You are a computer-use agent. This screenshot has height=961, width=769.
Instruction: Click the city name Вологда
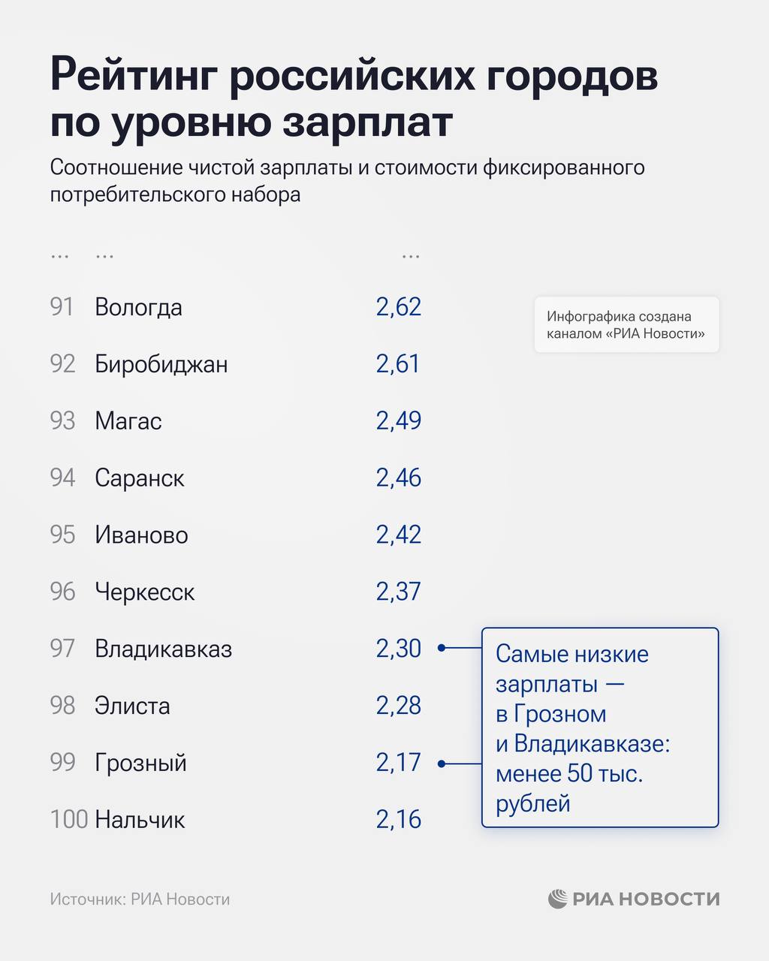tap(138, 308)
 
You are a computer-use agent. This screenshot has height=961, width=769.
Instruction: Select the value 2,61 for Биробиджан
tap(399, 364)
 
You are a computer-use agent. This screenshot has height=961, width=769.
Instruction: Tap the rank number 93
tap(62, 421)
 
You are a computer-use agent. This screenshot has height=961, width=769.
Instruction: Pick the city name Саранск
tap(139, 478)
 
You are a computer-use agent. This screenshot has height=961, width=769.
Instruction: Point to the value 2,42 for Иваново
tap(399, 535)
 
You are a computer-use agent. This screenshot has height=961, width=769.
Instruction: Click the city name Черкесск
tap(144, 592)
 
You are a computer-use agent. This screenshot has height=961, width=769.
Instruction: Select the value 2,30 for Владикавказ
tap(399, 649)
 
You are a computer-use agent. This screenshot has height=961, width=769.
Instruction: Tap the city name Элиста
tap(132, 706)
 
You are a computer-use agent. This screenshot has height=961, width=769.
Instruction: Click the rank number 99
tap(62, 763)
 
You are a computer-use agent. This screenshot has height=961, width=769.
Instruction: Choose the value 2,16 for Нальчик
tap(399, 820)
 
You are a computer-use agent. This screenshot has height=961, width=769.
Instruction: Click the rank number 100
tap(69, 820)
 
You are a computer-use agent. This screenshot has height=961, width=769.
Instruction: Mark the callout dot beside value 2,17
tap(442, 764)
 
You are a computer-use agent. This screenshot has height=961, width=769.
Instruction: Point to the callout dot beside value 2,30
tap(442, 647)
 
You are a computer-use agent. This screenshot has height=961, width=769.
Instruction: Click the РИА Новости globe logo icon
tap(557, 899)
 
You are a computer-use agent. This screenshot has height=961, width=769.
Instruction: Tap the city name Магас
tap(128, 421)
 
